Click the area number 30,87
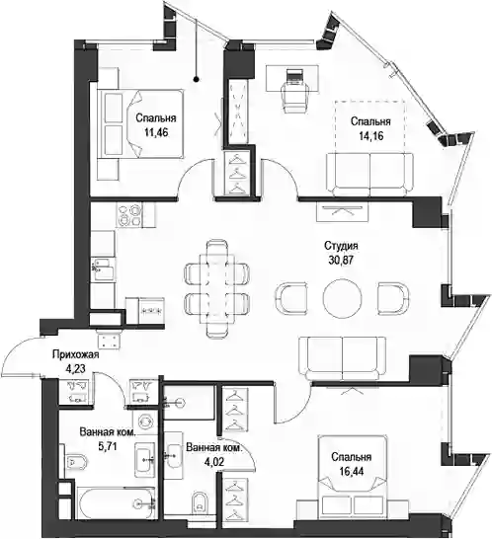coord(341,261)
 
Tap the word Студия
coord(341,246)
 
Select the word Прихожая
coord(76,354)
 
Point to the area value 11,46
coord(156,132)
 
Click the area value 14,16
coord(371,136)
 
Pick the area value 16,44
coord(352,472)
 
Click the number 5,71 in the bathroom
coord(108,446)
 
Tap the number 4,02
coord(214,462)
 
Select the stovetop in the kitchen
coord(129,215)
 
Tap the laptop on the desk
coord(295,76)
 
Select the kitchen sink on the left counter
coord(103,269)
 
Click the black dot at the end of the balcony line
coord(197,80)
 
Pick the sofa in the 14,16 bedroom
coord(369,175)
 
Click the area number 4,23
coord(76,369)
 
